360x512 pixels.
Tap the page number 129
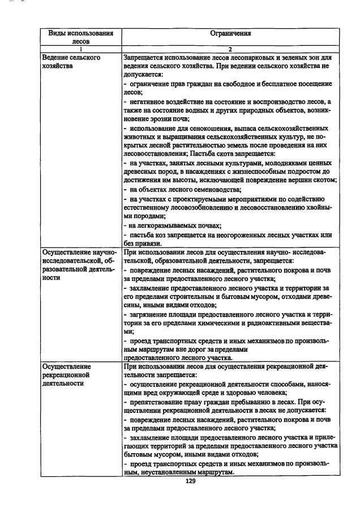(x=191, y=481)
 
